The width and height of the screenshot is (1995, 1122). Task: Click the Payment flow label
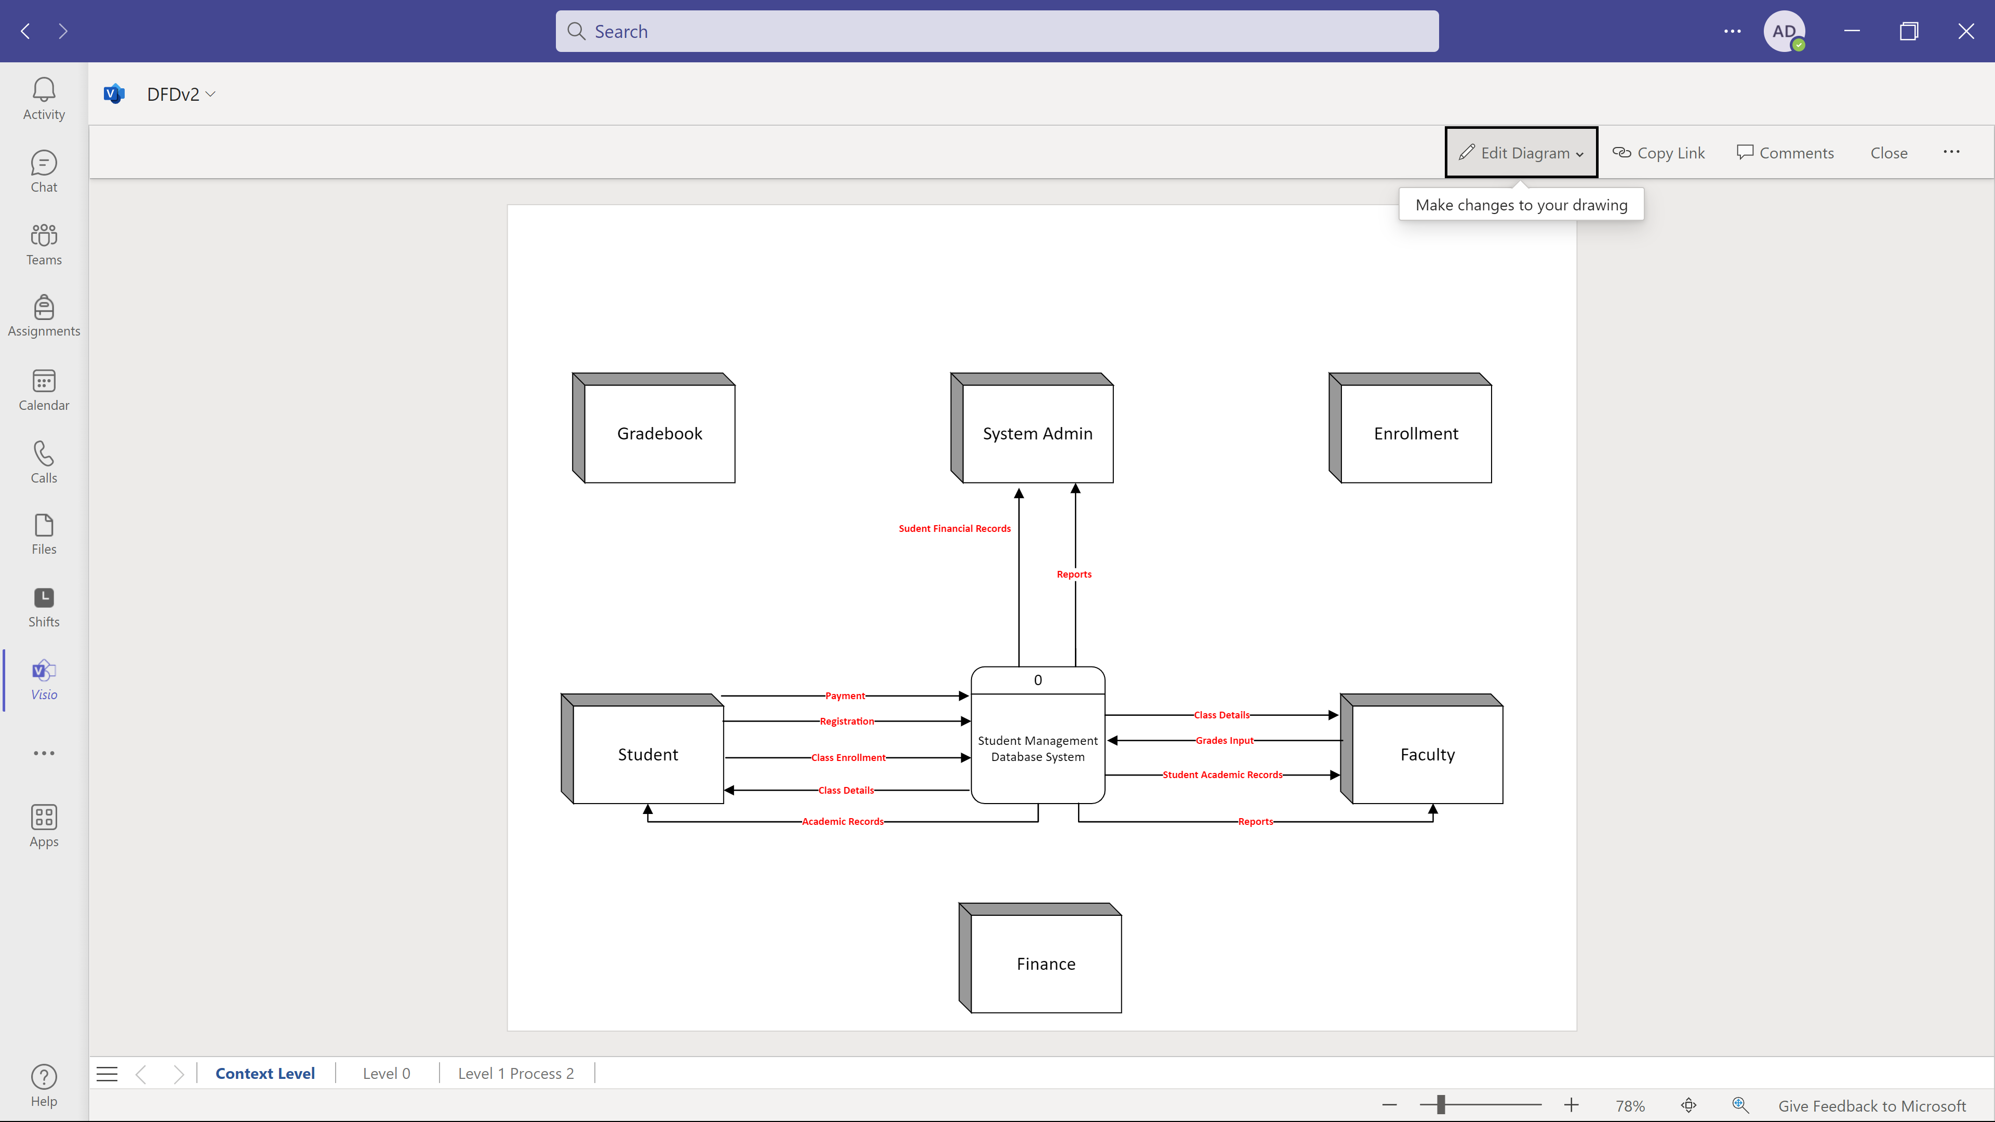pyautogui.click(x=845, y=696)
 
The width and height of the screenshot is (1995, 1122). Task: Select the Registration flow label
pyautogui.click(x=846, y=721)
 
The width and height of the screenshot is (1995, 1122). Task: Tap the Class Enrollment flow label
pyautogui.click(x=848, y=757)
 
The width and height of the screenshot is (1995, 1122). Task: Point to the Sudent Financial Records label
pyautogui.click(x=954, y=528)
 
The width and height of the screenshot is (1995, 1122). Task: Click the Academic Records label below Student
pyautogui.click(x=843, y=822)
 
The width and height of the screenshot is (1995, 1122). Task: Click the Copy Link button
pyautogui.click(x=1658, y=153)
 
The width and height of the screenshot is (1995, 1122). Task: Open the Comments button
pyautogui.click(x=1785, y=153)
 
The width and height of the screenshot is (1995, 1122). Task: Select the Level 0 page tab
pyautogui.click(x=387, y=1073)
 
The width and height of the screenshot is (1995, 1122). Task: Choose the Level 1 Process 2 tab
pyautogui.click(x=516, y=1073)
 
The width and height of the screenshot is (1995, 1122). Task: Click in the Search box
pyautogui.click(x=997, y=31)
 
